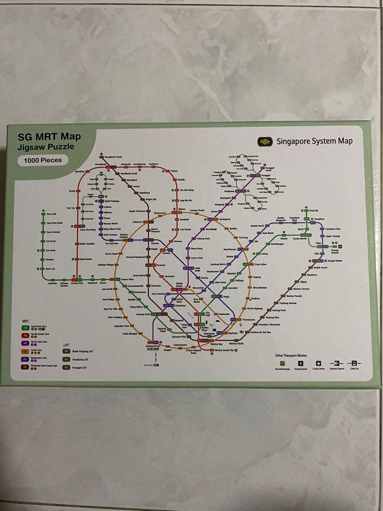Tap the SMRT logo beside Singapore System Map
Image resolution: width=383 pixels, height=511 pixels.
263,141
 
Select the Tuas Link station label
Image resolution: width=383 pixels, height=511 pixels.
51,214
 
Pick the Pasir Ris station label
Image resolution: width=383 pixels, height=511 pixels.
314,210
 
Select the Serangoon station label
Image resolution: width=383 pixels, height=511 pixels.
224,219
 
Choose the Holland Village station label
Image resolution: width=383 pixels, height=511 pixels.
105,265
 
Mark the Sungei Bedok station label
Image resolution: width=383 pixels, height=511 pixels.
334,261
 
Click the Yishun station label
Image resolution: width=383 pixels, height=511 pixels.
174,170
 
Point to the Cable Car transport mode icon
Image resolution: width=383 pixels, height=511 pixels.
353,364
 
